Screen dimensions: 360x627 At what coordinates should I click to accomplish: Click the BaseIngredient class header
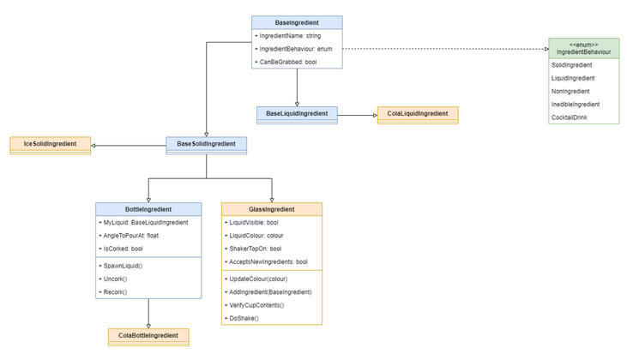pyautogui.click(x=297, y=21)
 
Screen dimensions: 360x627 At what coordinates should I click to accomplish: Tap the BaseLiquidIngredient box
pyautogui.click(x=297, y=113)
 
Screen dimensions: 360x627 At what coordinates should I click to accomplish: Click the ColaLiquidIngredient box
pyautogui.click(x=418, y=113)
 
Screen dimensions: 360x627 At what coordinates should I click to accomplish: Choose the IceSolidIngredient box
pyautogui.click(x=50, y=143)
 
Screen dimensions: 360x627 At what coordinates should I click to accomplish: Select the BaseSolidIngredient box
pyautogui.click(x=207, y=143)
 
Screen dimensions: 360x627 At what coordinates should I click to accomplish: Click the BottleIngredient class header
pyautogui.click(x=149, y=209)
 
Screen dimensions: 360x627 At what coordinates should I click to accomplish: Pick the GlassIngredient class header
pyautogui.click(x=271, y=209)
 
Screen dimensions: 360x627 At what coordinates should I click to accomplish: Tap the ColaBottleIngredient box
pyautogui.click(x=148, y=336)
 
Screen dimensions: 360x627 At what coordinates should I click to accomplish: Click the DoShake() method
pyautogui.click(x=244, y=318)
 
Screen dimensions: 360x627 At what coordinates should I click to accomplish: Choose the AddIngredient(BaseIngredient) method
pyautogui.click(x=271, y=292)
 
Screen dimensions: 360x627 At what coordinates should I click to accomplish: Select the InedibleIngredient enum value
pyautogui.click(x=576, y=104)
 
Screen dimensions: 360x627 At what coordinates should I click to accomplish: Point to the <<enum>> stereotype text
pyautogui.click(x=583, y=44)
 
